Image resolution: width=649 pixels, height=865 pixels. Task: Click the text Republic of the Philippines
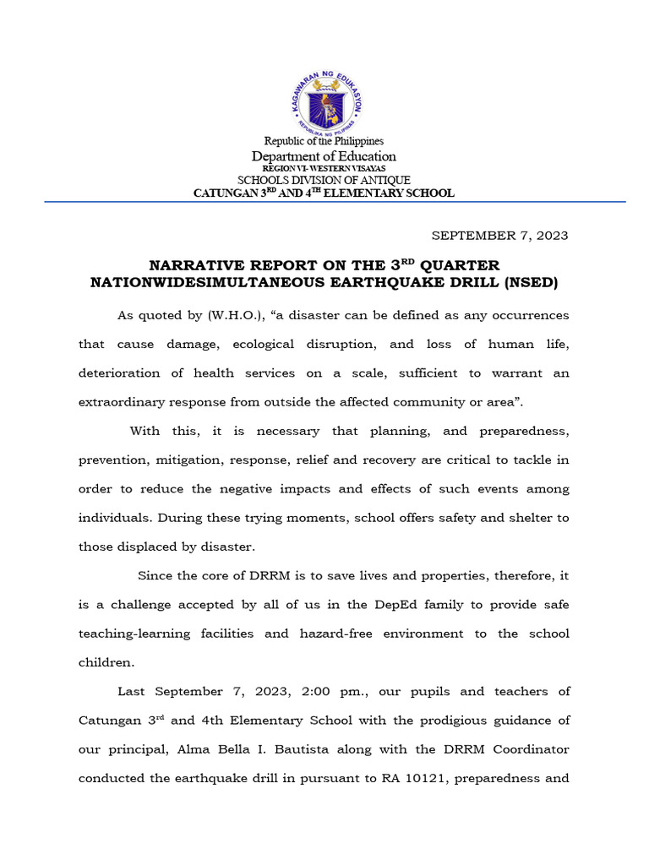click(x=324, y=141)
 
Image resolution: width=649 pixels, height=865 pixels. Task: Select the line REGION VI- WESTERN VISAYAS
click(x=324, y=169)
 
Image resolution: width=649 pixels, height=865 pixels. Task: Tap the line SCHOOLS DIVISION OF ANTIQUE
click(x=324, y=180)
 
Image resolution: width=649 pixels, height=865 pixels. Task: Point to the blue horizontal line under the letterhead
click(x=324, y=202)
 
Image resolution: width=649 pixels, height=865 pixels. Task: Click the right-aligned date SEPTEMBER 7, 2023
click(x=500, y=235)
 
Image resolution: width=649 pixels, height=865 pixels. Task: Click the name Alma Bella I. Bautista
click(x=238, y=749)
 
